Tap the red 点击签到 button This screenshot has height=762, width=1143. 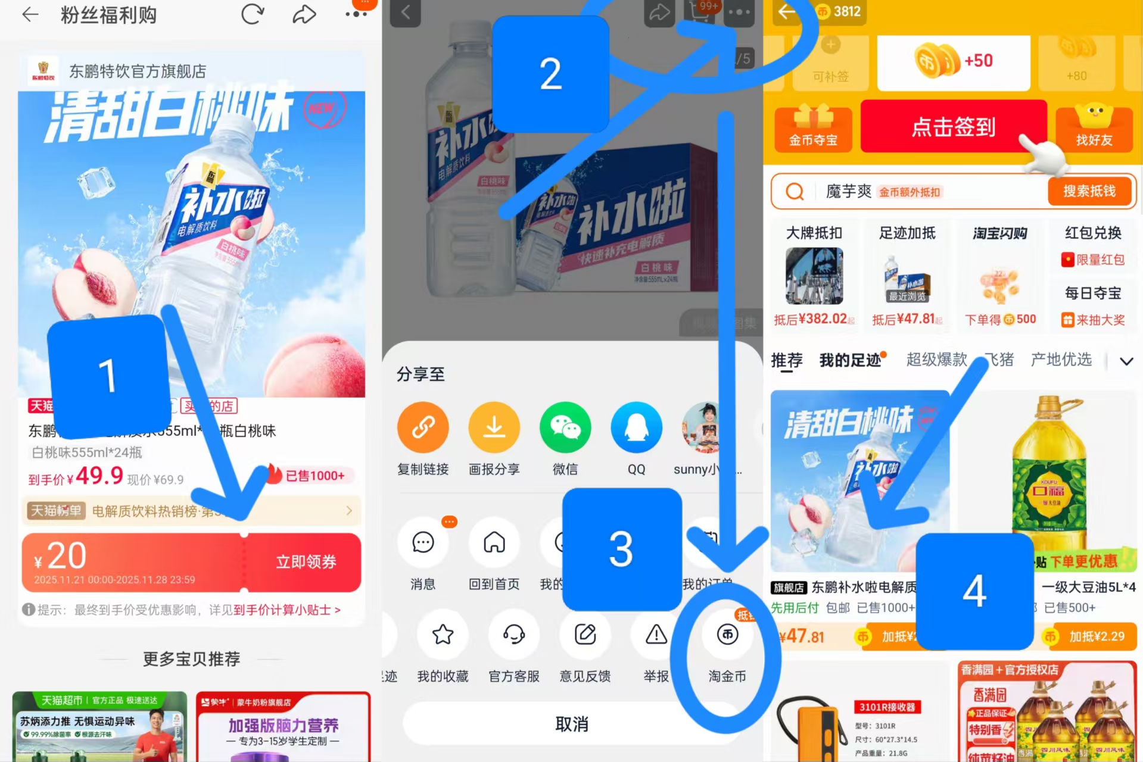click(x=953, y=126)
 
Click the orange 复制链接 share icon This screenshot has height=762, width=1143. click(x=423, y=427)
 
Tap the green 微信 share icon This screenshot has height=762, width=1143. click(x=565, y=427)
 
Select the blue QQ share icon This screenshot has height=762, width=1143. click(x=636, y=427)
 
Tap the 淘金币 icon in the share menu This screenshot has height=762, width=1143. click(x=727, y=635)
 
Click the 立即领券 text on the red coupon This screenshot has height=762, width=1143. click(x=306, y=561)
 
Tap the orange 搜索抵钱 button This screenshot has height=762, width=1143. click(x=1089, y=191)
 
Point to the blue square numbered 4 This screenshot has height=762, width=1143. click(x=974, y=591)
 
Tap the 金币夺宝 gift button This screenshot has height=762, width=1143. click(x=813, y=127)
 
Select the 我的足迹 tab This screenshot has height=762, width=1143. click(x=850, y=360)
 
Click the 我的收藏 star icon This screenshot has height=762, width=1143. click(x=443, y=635)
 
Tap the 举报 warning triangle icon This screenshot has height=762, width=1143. click(x=656, y=635)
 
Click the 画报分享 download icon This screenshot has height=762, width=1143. click(x=494, y=427)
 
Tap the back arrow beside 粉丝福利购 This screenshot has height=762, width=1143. click(x=30, y=15)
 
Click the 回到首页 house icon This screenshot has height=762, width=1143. click(x=494, y=542)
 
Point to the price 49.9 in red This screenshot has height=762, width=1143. click(x=99, y=475)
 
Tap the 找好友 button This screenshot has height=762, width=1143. click(x=1094, y=127)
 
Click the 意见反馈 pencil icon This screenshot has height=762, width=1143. click(x=585, y=635)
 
